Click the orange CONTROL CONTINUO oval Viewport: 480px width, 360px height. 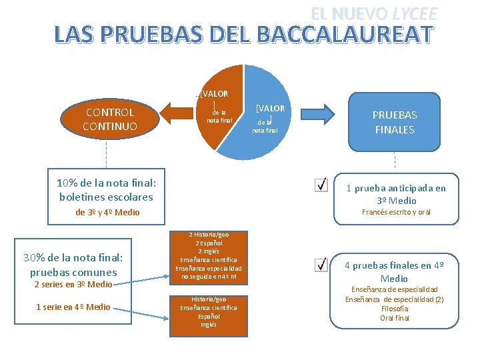(x=109, y=119)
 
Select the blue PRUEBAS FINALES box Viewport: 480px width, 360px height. (x=394, y=121)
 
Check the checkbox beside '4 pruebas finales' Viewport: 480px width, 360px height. (x=321, y=265)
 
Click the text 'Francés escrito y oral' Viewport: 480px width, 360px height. (x=396, y=212)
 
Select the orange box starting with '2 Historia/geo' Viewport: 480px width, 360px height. (x=209, y=256)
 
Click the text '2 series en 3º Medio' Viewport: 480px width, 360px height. (x=73, y=285)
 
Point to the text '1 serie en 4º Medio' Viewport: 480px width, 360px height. (x=73, y=307)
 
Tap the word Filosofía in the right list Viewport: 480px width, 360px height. (x=395, y=309)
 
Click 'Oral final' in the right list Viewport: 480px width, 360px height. (x=395, y=318)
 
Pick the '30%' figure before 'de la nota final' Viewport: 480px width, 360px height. (x=35, y=258)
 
